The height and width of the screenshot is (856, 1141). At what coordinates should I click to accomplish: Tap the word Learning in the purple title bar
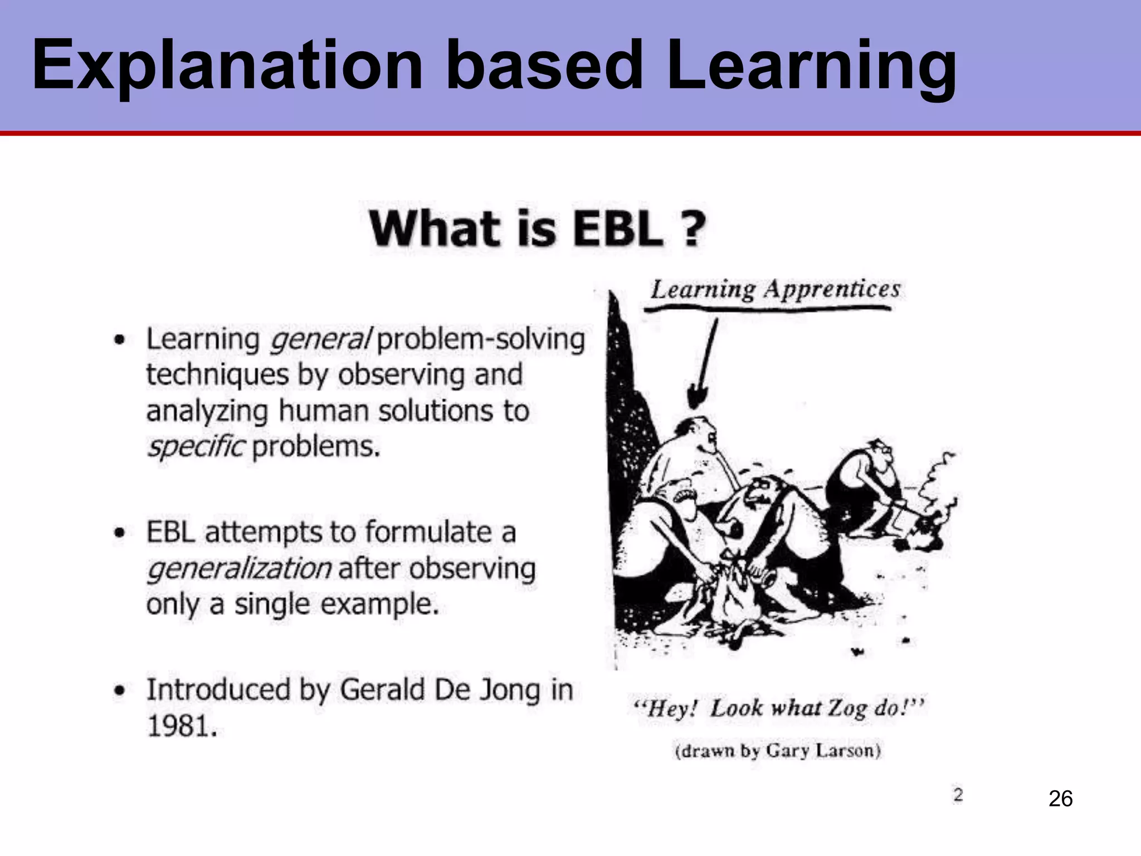[x=811, y=66]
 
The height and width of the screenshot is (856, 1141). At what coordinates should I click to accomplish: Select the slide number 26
[x=1060, y=799]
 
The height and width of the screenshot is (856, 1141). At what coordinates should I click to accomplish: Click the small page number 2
[x=958, y=795]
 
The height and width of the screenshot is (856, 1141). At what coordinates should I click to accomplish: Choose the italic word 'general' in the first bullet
[x=319, y=339]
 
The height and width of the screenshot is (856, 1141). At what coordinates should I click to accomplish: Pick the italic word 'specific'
[x=196, y=447]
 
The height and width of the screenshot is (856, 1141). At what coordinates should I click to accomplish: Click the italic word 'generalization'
[x=240, y=568]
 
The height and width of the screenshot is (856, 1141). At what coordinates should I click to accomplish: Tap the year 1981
[x=181, y=726]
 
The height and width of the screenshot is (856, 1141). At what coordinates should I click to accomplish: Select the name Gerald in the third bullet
[x=383, y=690]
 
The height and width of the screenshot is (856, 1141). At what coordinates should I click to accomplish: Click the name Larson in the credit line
[x=847, y=751]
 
